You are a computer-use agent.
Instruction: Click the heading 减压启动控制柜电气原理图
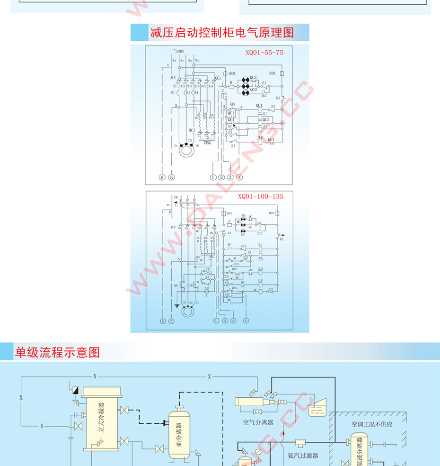tap(222, 33)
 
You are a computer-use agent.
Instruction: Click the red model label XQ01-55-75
tap(264, 53)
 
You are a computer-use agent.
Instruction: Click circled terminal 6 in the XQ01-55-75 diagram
tap(162, 177)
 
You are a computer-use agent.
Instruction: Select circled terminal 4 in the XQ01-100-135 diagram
tap(246, 321)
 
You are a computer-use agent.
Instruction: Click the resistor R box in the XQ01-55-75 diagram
tap(231, 87)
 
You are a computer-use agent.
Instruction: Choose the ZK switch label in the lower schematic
tap(176, 197)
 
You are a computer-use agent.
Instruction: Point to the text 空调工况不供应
tap(371, 424)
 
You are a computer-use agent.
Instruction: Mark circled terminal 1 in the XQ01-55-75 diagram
tap(213, 177)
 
